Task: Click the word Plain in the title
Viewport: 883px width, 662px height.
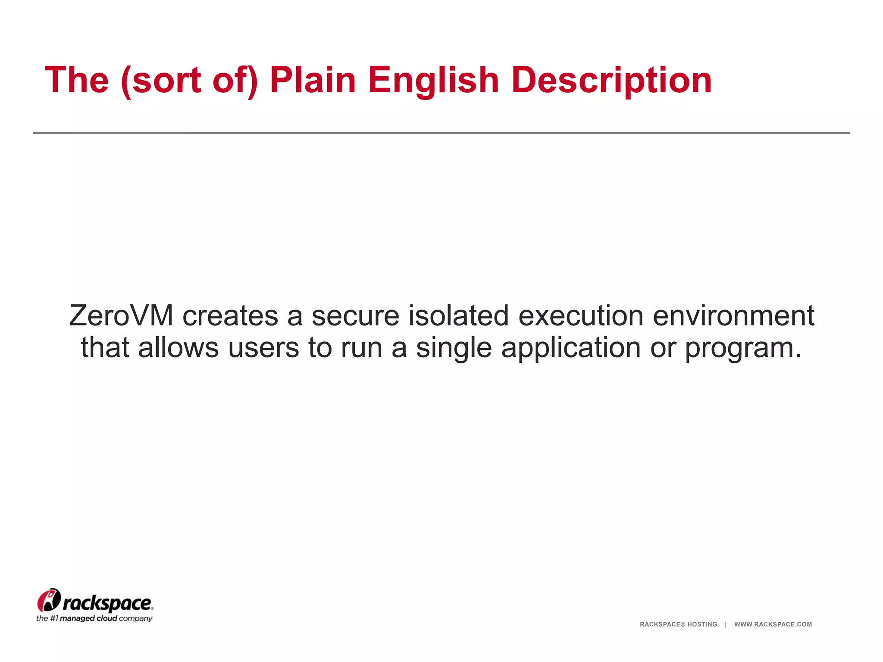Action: [313, 80]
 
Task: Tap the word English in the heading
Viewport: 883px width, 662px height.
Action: [433, 81]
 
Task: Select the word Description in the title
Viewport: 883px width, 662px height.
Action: [611, 81]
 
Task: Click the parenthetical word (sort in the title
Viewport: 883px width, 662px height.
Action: [161, 80]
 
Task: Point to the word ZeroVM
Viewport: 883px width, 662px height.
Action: [121, 315]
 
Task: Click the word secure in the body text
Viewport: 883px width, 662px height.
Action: [356, 315]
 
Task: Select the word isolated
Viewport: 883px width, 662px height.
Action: [459, 315]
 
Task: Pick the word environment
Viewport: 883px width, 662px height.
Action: [733, 315]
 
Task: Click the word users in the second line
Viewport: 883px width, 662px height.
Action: [263, 347]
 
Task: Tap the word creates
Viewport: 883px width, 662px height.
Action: [230, 315]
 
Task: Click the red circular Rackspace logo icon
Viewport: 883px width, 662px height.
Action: [49, 600]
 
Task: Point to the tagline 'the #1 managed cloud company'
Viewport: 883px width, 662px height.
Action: [94, 619]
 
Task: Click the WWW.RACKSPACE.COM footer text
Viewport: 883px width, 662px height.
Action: [773, 624]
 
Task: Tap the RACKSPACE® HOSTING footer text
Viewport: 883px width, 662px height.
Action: [678, 624]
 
